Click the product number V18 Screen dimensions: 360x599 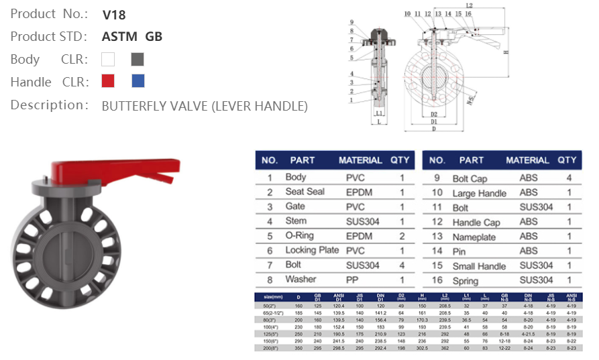tap(114, 14)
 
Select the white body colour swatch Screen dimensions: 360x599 tap(108, 59)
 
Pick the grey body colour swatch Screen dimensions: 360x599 tap(138, 59)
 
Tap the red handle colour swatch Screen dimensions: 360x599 tap(108, 81)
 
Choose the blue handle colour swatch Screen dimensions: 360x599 tap(138, 81)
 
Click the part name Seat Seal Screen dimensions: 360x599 tap(305, 192)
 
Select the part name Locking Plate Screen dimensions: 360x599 tap(312, 250)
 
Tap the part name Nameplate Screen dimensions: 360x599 tap(474, 237)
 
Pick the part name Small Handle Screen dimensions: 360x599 tap(479, 266)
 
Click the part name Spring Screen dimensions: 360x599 tap(466, 281)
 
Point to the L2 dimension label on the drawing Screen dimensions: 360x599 tap(469, 6)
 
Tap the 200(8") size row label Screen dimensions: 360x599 tap(272, 349)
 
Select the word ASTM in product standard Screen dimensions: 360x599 tap(121, 36)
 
